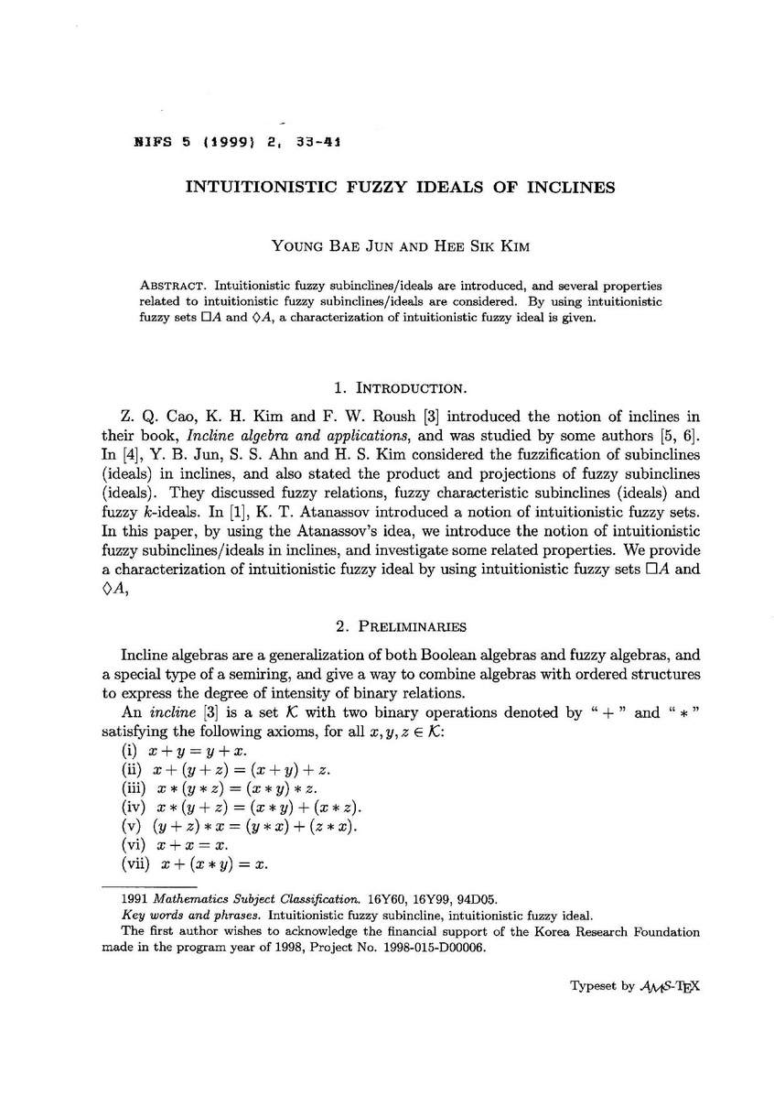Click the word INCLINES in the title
(x=569, y=188)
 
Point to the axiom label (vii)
(x=136, y=863)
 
